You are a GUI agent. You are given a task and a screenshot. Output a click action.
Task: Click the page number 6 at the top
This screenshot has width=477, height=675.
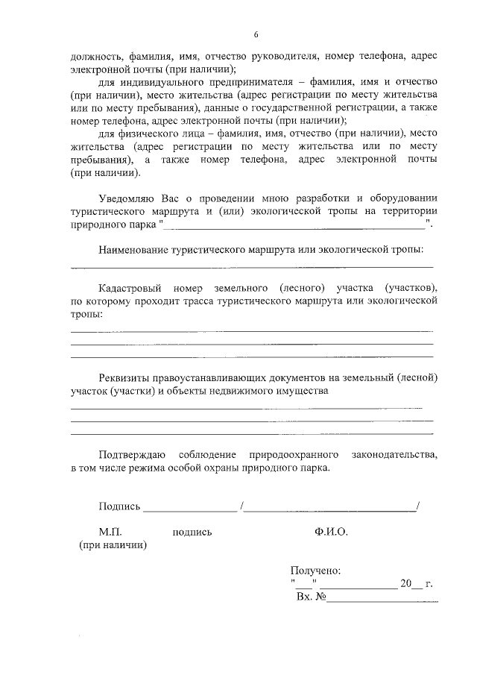point(256,35)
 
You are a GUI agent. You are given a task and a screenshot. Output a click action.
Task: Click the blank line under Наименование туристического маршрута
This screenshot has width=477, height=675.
point(251,266)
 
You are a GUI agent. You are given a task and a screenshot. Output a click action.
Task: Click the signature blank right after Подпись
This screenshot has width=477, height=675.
point(189,511)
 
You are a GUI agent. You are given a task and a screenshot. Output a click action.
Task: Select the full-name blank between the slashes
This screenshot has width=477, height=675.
point(331,511)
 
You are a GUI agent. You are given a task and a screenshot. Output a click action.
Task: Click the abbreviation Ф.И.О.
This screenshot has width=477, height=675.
point(331,532)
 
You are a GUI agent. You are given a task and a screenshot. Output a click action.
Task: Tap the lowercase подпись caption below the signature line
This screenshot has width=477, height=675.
point(192,532)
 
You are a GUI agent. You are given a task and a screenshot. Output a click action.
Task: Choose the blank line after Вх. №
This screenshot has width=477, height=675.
point(382,600)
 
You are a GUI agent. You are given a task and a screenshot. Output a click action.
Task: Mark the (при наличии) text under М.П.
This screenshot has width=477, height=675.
point(113,545)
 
